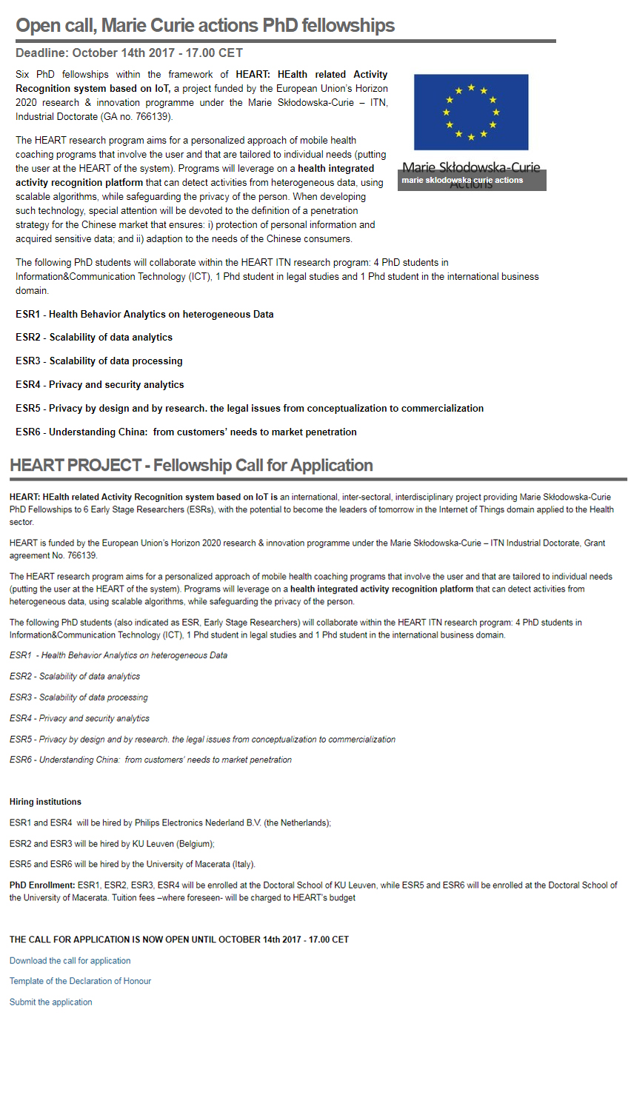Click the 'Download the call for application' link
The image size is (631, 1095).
[70, 960]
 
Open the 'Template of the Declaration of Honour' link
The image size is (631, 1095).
[80, 981]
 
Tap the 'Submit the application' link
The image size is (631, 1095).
[51, 1002]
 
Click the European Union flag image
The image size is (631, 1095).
[471, 112]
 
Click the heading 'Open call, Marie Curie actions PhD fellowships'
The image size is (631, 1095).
[205, 25]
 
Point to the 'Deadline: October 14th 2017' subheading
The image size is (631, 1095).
[129, 53]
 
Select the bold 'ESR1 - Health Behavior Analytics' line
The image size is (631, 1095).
[144, 314]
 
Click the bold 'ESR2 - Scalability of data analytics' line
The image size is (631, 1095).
[94, 337]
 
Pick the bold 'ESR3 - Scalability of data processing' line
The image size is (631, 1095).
[99, 361]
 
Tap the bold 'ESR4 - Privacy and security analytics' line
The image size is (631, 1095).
[100, 384]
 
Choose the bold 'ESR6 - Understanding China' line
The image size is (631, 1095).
[186, 432]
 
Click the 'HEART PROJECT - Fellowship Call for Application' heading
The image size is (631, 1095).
[191, 465]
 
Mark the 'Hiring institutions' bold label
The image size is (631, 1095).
[45, 802]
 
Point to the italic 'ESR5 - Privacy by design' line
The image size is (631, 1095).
[202, 739]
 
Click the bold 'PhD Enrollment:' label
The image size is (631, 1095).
[42, 885]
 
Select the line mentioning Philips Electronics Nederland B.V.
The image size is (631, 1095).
[170, 823]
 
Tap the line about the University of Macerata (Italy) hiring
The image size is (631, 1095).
[133, 864]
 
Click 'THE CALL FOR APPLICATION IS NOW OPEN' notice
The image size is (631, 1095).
[178, 940]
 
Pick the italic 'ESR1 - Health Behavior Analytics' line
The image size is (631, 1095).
[118, 655]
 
